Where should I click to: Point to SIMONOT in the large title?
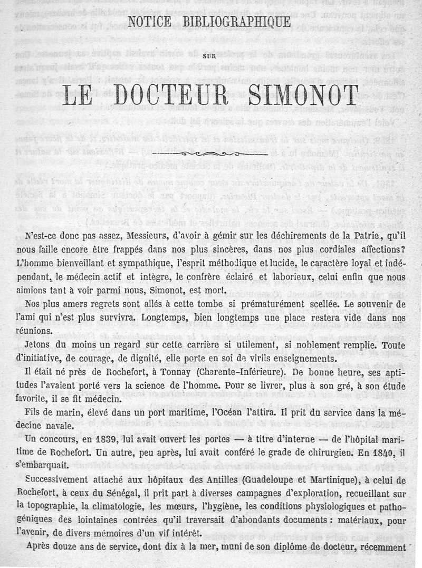click(302, 95)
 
